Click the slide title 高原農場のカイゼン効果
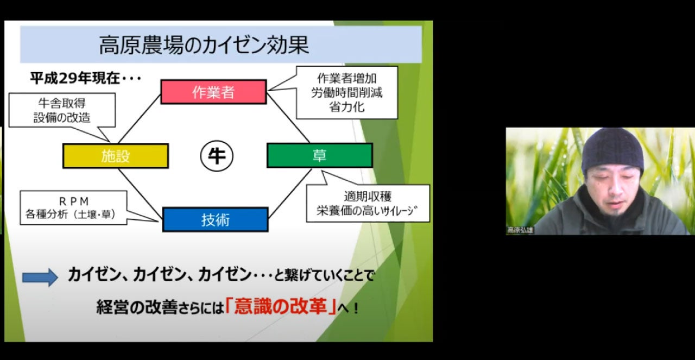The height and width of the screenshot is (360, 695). pos(204,45)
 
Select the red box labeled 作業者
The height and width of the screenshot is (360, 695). pos(213,92)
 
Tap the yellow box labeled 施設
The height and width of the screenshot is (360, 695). pos(116,156)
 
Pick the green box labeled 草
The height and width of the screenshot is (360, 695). pos(319,156)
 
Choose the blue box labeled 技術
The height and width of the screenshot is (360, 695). pos(215,219)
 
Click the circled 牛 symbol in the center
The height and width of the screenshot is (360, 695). pos(217,156)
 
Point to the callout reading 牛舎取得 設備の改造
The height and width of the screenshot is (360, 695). pos(62,110)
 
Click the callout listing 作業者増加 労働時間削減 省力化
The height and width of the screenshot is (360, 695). pos(347,92)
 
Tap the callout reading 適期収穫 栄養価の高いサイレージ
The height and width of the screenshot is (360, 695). pos(368,203)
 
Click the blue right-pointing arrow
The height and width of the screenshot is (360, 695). pos(40,277)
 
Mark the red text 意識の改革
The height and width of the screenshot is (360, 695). pos(282,307)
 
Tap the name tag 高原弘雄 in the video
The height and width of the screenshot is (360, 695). pos(520,230)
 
